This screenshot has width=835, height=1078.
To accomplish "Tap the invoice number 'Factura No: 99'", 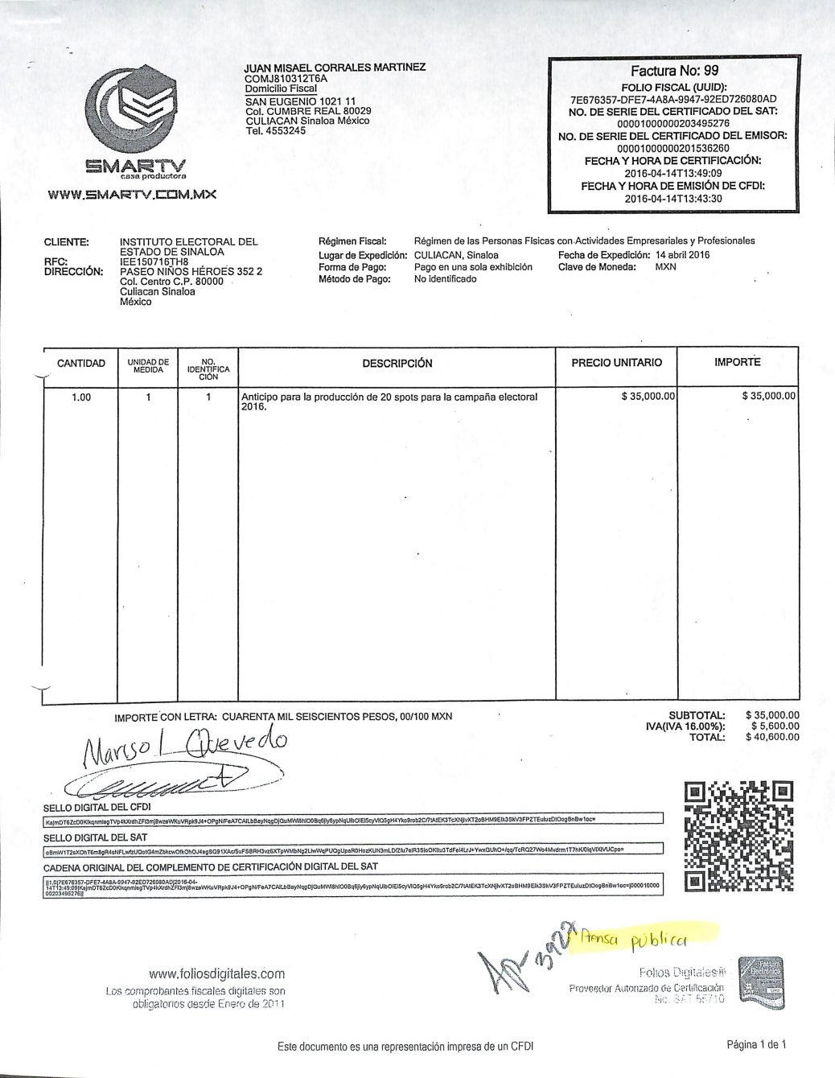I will pos(674,71).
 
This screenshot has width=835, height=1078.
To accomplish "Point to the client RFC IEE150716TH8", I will pos(154,261).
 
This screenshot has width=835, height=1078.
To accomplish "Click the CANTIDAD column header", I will pos(81,364).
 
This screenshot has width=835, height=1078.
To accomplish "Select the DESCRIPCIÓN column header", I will pos(397,364).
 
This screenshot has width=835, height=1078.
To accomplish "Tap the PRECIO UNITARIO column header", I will pos(616,363).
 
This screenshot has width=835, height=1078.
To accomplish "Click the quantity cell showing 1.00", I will pos(81,397).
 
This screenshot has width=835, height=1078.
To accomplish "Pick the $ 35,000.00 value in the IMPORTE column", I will pos(768,396).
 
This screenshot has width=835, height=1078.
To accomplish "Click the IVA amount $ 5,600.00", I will pos(773,726).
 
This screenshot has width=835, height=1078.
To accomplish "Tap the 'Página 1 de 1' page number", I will pos(755,1045).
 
